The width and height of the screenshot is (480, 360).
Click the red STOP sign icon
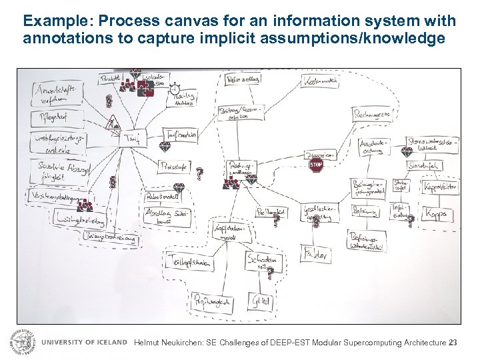316,165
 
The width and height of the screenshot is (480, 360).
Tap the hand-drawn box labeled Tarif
131,137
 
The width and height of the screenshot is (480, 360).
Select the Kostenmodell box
319,81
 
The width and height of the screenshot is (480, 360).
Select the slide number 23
454,343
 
